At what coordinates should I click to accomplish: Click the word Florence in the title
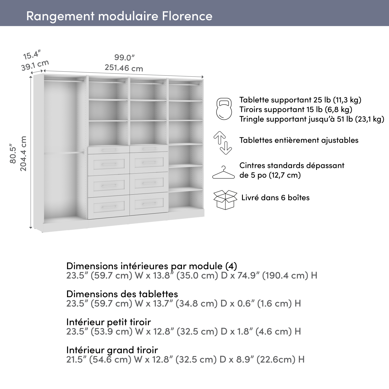(x=187, y=16)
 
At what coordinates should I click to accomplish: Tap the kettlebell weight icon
(x=224, y=109)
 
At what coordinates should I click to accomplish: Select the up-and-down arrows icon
(x=223, y=142)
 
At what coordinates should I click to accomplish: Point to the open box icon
(x=225, y=199)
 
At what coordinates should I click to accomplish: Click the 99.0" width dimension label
(x=124, y=58)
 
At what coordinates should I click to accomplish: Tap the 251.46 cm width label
(x=124, y=68)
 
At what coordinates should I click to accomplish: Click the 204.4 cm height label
(x=23, y=153)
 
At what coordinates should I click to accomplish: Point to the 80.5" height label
(x=13, y=155)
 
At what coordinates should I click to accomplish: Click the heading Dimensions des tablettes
(x=122, y=294)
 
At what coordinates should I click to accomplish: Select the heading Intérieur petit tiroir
(x=108, y=322)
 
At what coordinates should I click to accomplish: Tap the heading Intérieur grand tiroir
(x=112, y=350)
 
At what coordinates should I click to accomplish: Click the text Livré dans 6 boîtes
(x=275, y=198)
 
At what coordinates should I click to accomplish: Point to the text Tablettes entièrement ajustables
(x=299, y=140)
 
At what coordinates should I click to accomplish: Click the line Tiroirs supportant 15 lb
(x=296, y=110)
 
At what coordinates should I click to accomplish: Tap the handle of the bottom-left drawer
(x=108, y=207)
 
